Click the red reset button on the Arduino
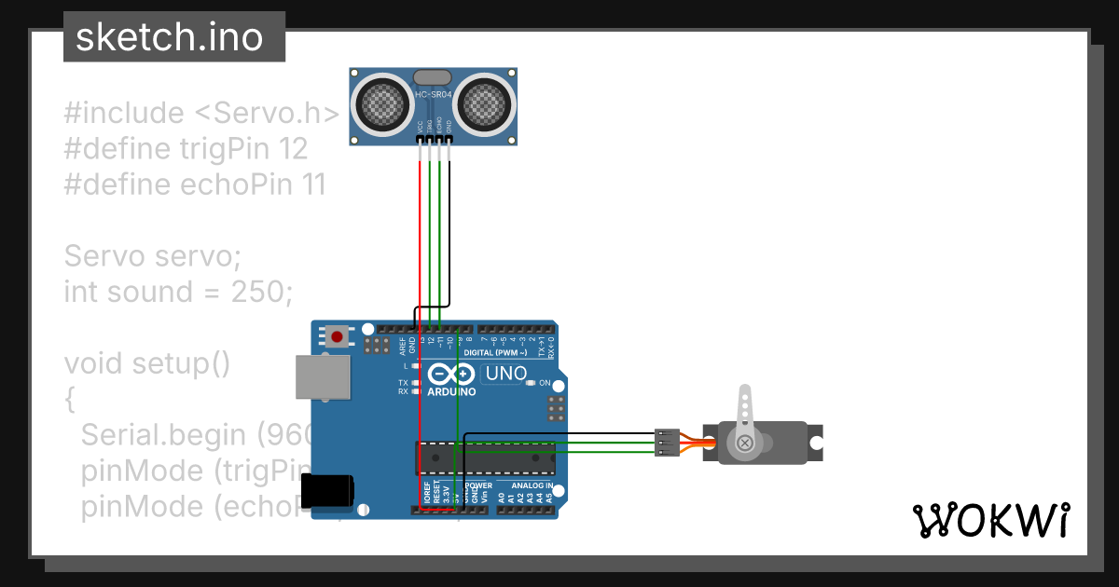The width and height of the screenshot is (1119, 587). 338,334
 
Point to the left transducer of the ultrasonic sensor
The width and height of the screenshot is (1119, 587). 382,103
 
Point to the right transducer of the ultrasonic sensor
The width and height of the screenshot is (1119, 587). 483,103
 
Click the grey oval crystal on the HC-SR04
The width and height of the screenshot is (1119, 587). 432,76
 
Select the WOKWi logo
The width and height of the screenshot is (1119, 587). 989,520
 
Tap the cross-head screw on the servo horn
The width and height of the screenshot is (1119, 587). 744,444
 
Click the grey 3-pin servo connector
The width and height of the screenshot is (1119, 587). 667,444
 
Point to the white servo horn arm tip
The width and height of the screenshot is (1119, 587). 744,394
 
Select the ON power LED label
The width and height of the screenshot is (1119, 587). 545,383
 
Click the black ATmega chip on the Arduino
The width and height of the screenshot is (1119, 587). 485,458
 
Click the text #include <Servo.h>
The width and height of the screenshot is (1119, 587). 201,114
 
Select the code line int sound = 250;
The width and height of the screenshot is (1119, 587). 178,292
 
